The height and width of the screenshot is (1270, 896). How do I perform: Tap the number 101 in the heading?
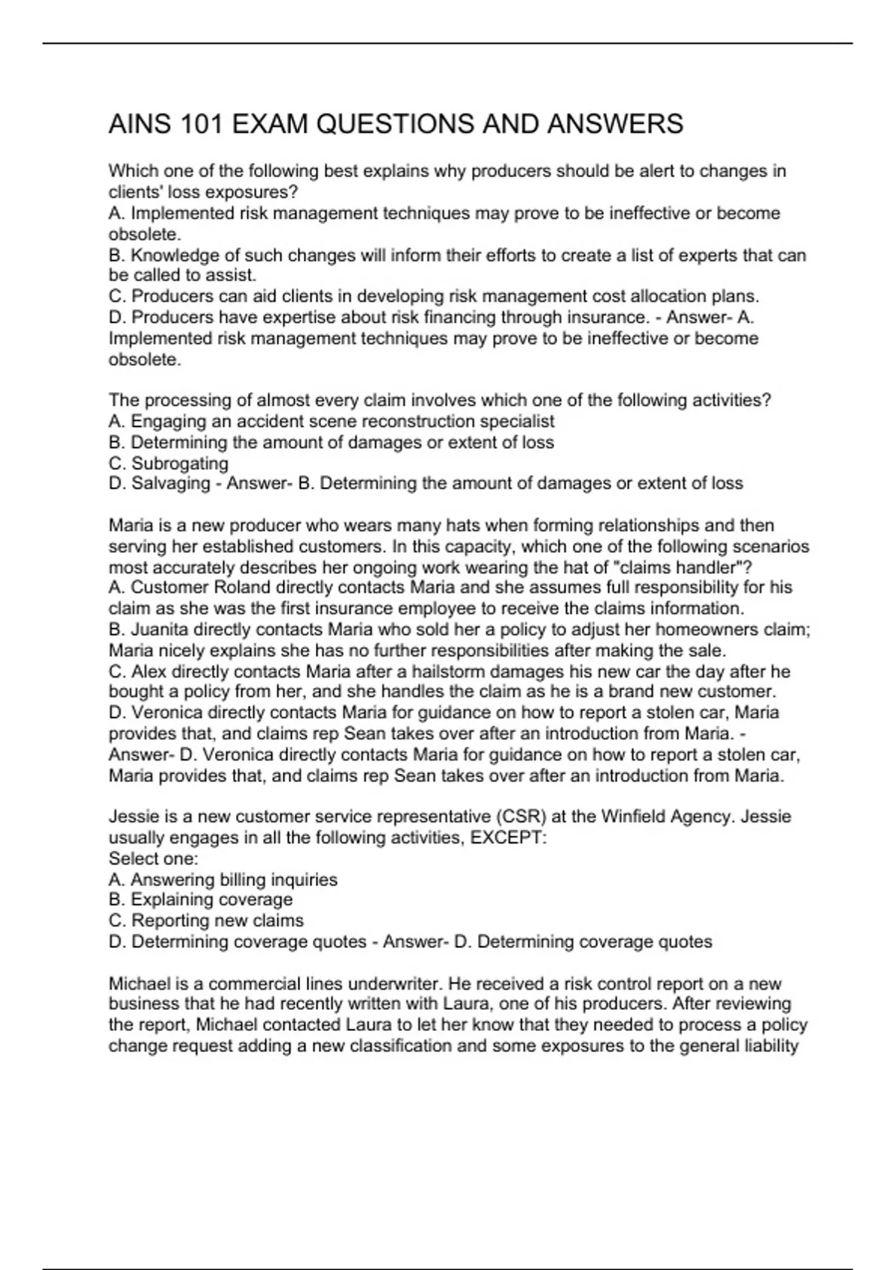[201, 123]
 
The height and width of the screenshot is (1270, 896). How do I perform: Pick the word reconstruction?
[415, 421]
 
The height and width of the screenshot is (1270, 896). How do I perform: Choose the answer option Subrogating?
[179, 463]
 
